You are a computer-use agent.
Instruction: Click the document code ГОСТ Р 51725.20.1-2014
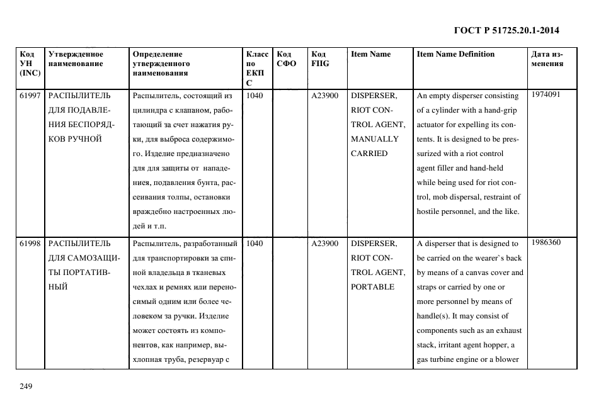pyautogui.click(x=506, y=30)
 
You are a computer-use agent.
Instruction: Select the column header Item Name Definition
pyautogui.click(x=455, y=54)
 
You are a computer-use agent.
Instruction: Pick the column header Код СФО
pyautogui.click(x=287, y=59)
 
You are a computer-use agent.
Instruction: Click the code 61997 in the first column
pyautogui.click(x=30, y=96)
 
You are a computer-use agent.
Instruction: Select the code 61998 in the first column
pyautogui.click(x=30, y=244)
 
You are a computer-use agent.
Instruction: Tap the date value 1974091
pyautogui.click(x=545, y=94)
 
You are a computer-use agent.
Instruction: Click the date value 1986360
pyautogui.click(x=545, y=242)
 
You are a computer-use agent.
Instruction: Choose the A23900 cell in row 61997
pyautogui.click(x=325, y=96)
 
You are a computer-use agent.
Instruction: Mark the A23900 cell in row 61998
pyautogui.click(x=325, y=244)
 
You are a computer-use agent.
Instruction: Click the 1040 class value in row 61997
pyautogui.click(x=254, y=96)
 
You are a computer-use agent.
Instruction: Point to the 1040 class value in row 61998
pyautogui.click(x=254, y=244)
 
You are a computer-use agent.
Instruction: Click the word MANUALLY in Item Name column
pyautogui.click(x=374, y=139)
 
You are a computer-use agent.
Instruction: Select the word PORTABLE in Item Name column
pyautogui.click(x=372, y=287)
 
